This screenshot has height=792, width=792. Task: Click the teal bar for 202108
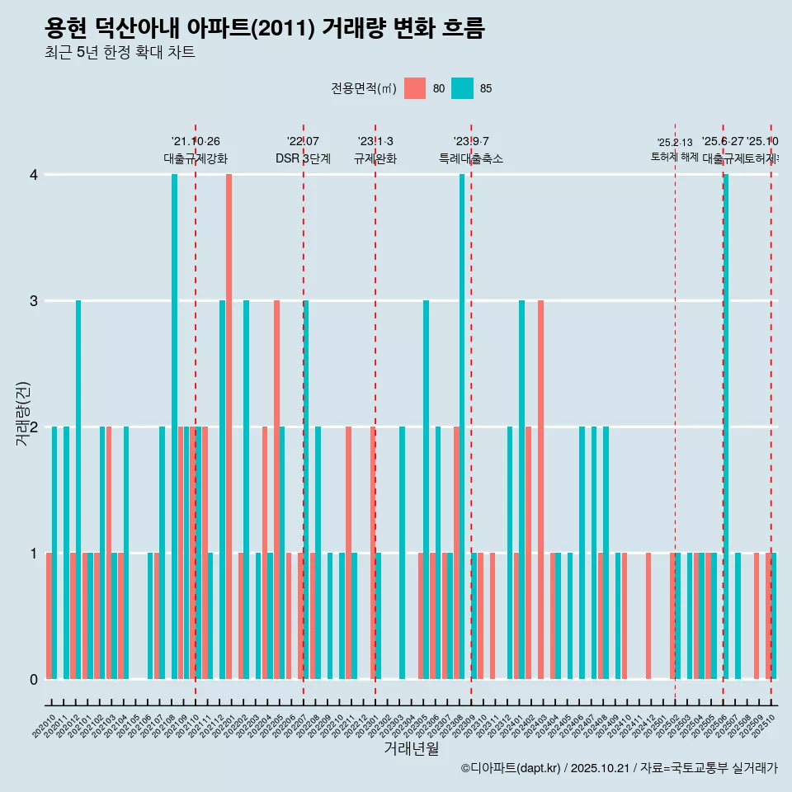(174, 426)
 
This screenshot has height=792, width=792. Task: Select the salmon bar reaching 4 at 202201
(229, 426)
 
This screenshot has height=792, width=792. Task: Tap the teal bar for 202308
(462, 426)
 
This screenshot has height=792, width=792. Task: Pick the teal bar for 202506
(726, 426)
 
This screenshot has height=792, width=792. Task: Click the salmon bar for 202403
(540, 489)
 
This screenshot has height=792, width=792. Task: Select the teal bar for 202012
(78, 489)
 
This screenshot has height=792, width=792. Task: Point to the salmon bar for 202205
(276, 489)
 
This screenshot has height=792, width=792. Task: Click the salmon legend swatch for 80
(415, 88)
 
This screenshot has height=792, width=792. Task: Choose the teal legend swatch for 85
(463, 88)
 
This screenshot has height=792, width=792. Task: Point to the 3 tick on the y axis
(34, 300)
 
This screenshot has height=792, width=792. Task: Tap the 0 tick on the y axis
(34, 679)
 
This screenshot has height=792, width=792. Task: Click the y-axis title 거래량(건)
(22, 412)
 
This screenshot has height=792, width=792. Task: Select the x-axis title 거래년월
(411, 748)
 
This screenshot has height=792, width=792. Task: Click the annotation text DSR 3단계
(303, 159)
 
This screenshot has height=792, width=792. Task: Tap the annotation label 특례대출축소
(470, 159)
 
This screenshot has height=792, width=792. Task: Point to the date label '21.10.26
(196, 142)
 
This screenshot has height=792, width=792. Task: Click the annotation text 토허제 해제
(675, 157)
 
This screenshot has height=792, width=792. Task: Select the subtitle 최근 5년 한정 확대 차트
(120, 53)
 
